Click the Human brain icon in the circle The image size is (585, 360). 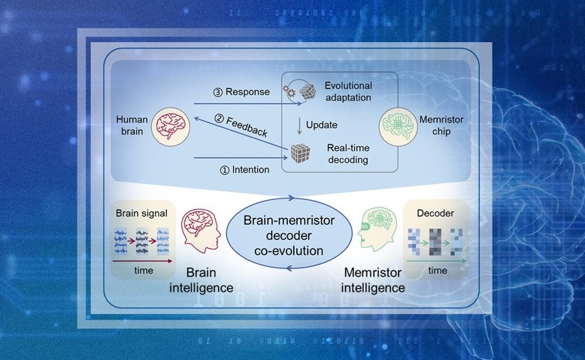pyautogui.click(x=169, y=126)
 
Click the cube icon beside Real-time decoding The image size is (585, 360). pyautogui.click(x=301, y=153)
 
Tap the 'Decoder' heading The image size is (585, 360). pyautogui.click(x=436, y=213)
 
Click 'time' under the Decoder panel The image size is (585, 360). pyautogui.click(x=438, y=270)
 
